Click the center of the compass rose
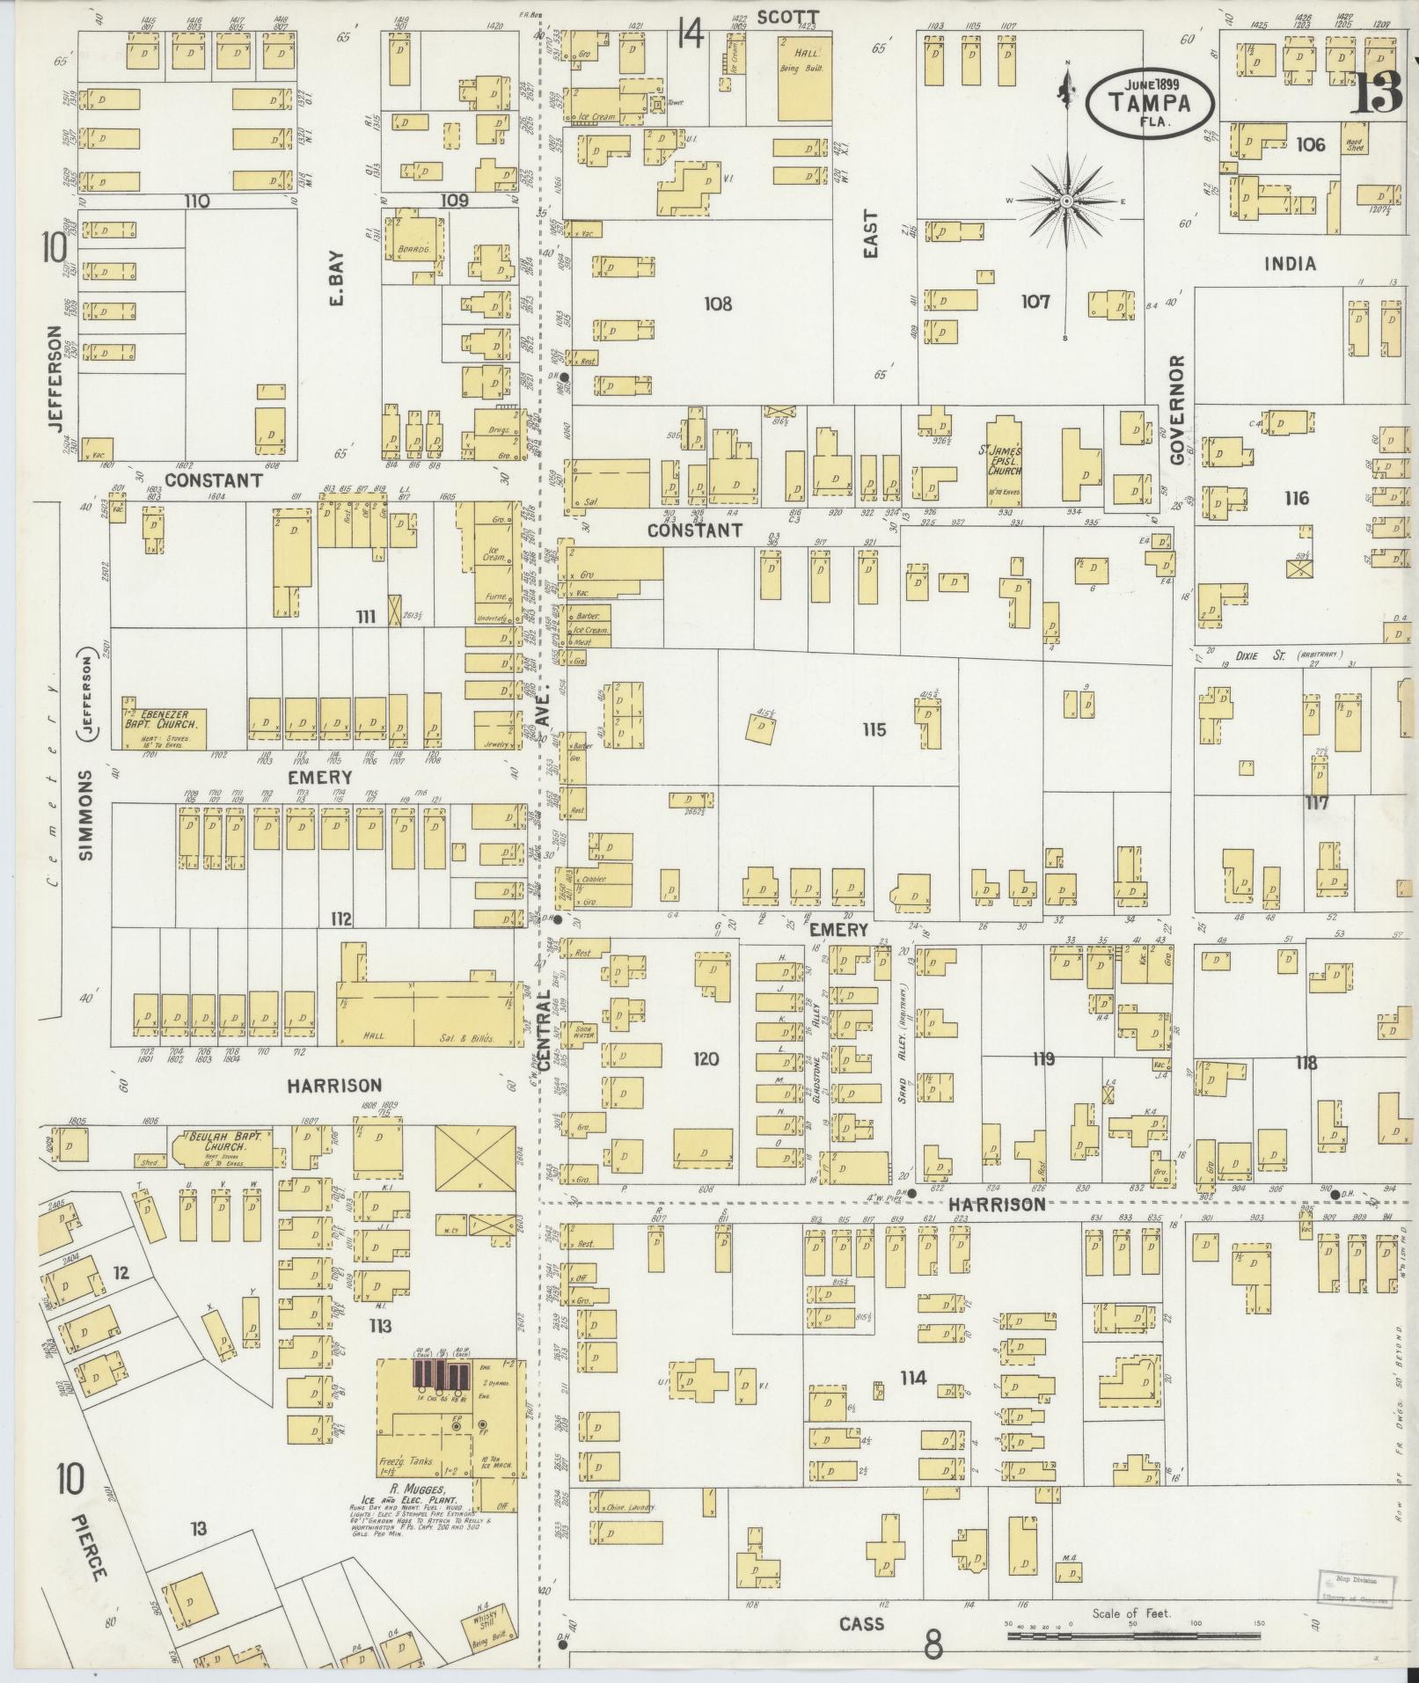[x=1066, y=201]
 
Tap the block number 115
[x=874, y=730]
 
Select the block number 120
[x=706, y=1059]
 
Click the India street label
[x=1290, y=264]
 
